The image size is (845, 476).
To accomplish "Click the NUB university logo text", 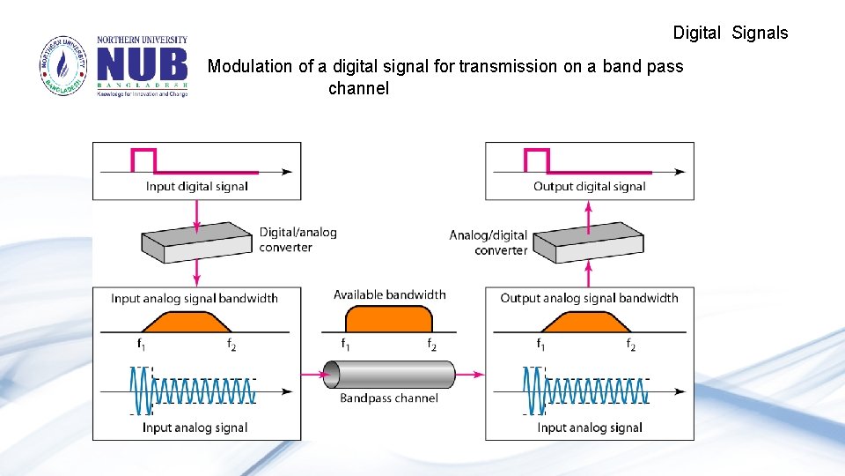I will pos(142,64).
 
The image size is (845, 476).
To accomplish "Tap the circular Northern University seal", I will pos(63,66).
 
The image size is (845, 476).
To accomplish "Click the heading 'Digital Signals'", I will pos(730,33).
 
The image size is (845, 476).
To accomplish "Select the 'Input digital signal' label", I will pos(196,186).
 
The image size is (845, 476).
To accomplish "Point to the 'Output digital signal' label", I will pos(589,186).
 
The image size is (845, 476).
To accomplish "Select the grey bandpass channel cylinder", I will pos(389,375).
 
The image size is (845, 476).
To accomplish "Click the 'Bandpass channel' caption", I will pos(389,398).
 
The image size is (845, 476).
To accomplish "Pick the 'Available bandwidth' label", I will pos(389,294).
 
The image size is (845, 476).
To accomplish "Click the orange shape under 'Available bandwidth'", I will pos(388,318).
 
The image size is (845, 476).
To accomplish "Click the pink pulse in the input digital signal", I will pos(143,160).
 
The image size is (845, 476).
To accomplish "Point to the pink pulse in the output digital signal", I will pos(537,160).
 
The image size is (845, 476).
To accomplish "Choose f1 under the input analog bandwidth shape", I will pos(141,344).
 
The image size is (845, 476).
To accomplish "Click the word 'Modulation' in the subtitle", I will pos(250,66).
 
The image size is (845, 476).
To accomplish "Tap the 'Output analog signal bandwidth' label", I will pos(589,298).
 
